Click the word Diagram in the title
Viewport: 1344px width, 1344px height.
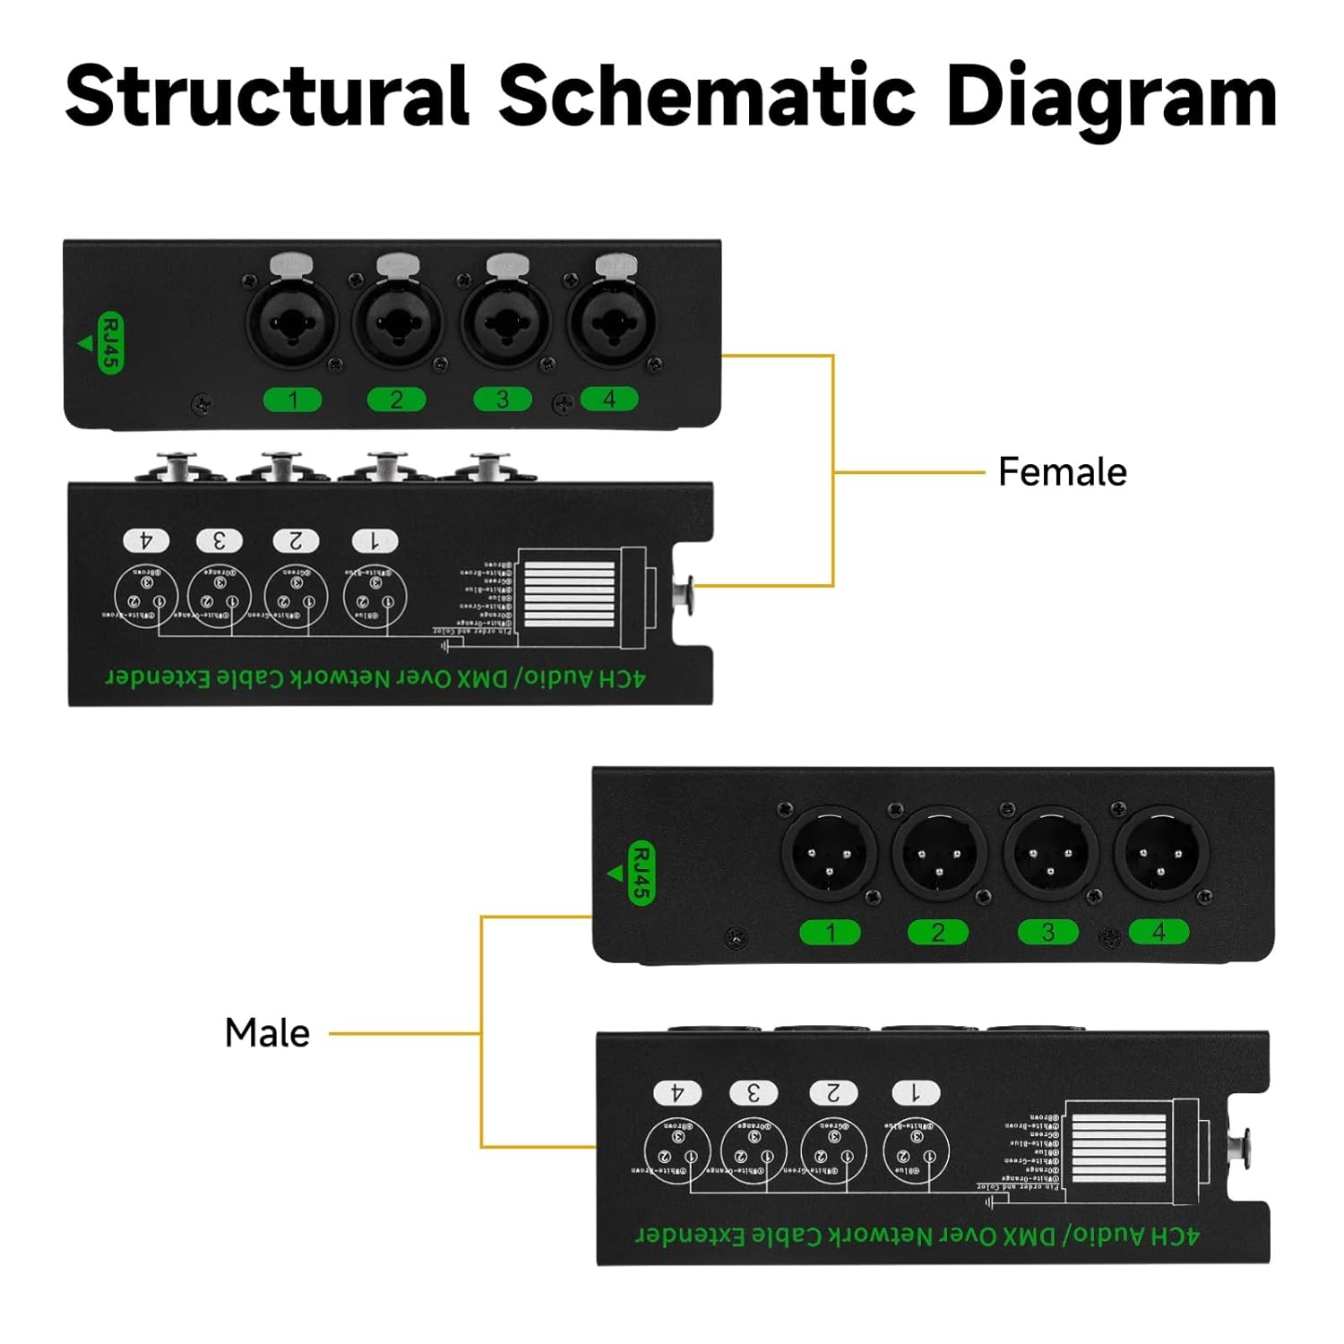(1111, 97)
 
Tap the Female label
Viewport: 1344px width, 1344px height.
(1062, 472)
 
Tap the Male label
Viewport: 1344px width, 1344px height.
(267, 1033)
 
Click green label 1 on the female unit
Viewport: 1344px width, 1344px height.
(292, 399)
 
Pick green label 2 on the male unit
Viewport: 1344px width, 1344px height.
(937, 933)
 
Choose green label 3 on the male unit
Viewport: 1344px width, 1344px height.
(1047, 933)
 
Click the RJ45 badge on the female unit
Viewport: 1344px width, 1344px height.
(109, 342)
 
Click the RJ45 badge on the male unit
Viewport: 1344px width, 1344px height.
(642, 874)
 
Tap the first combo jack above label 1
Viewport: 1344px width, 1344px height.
(291, 321)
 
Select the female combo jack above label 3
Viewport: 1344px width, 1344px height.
(504, 321)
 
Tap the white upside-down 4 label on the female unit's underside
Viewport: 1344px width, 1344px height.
(146, 540)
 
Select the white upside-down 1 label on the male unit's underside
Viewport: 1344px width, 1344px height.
(916, 1092)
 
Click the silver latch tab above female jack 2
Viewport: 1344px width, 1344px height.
(398, 265)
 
